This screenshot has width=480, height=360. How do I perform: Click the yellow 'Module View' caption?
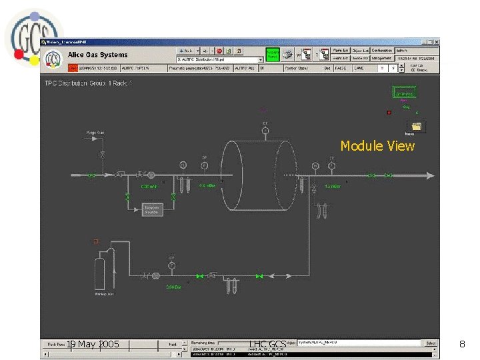pyautogui.click(x=377, y=145)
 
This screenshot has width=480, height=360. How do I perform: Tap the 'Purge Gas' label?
pyautogui.click(x=95, y=133)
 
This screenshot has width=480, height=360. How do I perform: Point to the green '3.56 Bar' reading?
pyautogui.click(x=175, y=287)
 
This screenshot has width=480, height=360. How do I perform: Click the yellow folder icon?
pyautogui.click(x=417, y=126)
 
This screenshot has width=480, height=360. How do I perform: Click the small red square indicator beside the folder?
pyautogui.click(x=389, y=113)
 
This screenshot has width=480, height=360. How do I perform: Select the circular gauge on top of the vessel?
pyautogui.click(x=265, y=131)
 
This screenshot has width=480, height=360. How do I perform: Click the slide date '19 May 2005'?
pyautogui.click(x=93, y=344)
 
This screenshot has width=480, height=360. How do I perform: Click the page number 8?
pyautogui.click(x=461, y=344)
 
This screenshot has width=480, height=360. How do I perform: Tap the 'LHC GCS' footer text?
pyautogui.click(x=267, y=345)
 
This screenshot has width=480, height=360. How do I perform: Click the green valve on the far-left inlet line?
pyautogui.click(x=91, y=176)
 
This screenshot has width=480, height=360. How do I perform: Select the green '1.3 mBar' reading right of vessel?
pyautogui.click(x=332, y=186)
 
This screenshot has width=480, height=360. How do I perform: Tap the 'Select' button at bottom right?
pyautogui.click(x=431, y=343)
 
